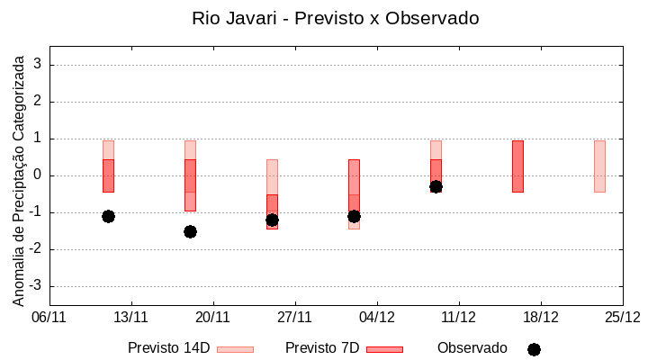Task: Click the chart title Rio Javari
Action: tap(335, 18)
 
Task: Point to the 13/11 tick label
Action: tap(131, 317)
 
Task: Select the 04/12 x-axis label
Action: tap(377, 317)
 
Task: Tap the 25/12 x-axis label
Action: tap(623, 317)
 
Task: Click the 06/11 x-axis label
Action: tap(49, 317)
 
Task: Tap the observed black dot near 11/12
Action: tap(436, 186)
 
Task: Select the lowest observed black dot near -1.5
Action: tap(190, 231)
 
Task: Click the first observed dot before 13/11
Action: tap(108, 216)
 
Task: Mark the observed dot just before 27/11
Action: tap(272, 220)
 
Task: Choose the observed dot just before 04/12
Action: tap(354, 216)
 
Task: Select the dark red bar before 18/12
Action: tap(517, 166)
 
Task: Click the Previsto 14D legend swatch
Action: tap(235, 349)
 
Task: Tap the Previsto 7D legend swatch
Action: tap(384, 349)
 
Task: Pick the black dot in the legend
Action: tap(534, 349)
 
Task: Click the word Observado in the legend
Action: tap(472, 348)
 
